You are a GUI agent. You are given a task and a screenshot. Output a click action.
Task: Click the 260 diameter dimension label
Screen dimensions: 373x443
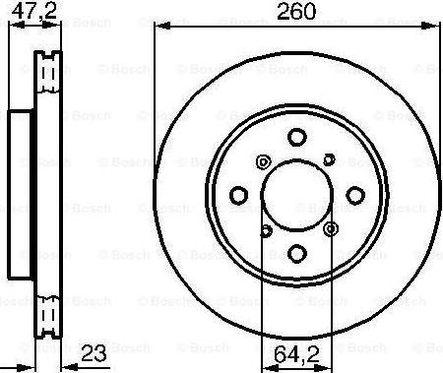(295, 15)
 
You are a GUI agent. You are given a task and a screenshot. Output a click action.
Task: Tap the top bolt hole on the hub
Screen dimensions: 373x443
(297, 139)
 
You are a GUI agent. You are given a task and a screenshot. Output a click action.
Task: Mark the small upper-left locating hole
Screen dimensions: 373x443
(261, 161)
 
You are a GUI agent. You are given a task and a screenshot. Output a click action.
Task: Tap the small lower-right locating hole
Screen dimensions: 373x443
(329, 230)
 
